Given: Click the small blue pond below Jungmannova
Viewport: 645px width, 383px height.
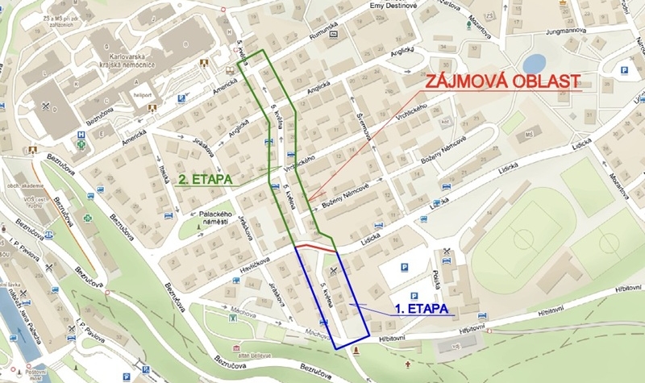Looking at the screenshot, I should coord(534,63).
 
